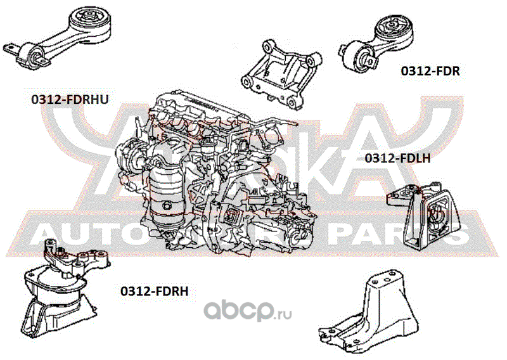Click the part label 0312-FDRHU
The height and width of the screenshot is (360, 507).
pyautogui.click(x=70, y=100)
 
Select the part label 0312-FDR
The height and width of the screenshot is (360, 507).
pyautogui.click(x=430, y=71)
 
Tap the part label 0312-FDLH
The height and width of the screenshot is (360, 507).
pyautogui.click(x=397, y=158)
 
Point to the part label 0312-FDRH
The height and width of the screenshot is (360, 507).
pyautogui.click(x=155, y=291)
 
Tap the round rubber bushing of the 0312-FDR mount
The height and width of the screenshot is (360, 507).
pyautogui.click(x=391, y=29)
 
